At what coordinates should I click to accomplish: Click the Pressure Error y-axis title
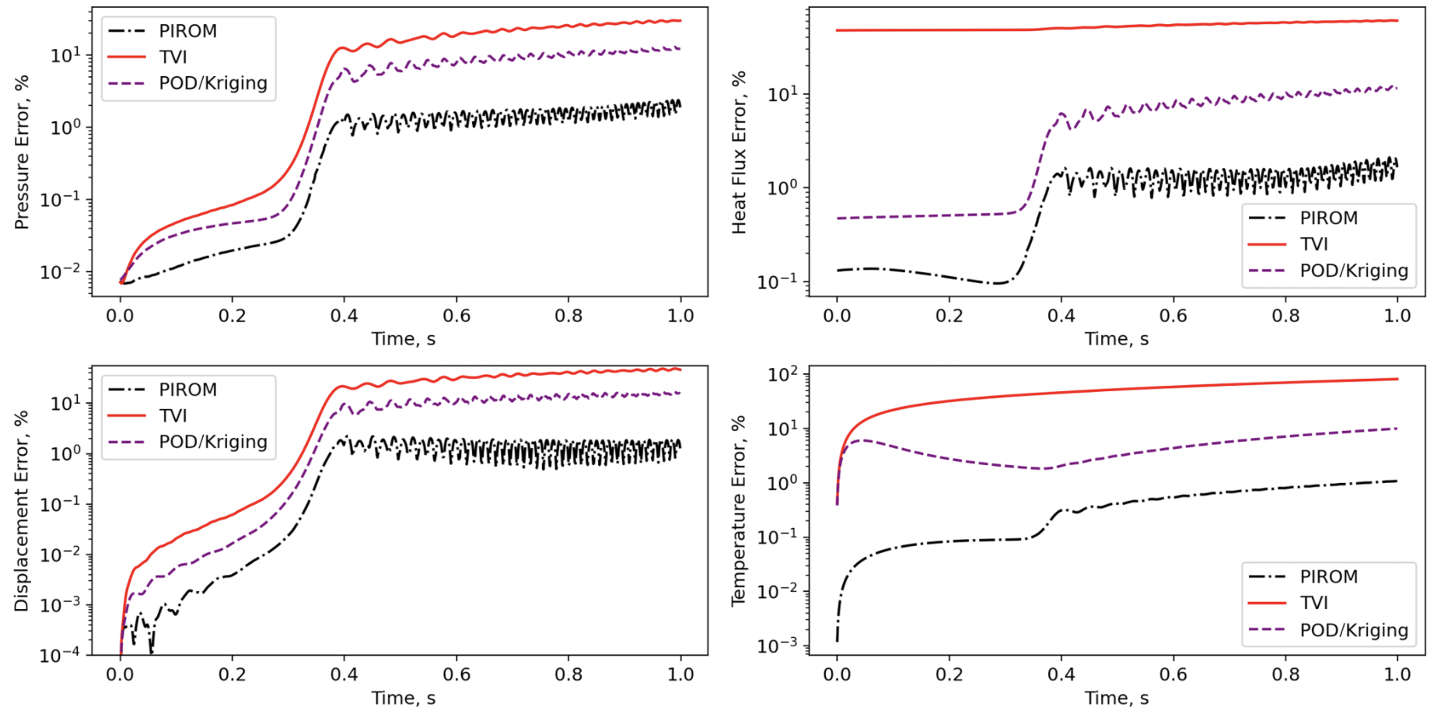[22, 152]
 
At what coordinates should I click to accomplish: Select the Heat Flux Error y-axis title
[739, 152]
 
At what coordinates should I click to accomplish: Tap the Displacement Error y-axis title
[22, 511]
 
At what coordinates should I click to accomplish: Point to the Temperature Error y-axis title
[739, 511]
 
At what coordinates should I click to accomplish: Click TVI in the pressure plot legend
[173, 57]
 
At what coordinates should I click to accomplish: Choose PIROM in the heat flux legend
[1328, 218]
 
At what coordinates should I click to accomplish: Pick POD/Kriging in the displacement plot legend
[212, 442]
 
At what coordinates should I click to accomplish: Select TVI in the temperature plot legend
[1313, 603]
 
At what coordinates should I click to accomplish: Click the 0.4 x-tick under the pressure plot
[344, 316]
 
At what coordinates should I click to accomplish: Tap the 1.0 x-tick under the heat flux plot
[1397, 316]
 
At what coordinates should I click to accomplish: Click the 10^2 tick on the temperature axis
[782, 375]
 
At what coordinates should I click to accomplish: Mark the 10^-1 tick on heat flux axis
[778, 282]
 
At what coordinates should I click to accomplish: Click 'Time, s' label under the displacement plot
[403, 698]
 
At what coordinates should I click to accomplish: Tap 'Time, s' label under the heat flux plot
[1117, 339]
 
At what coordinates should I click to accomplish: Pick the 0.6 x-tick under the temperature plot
[1173, 674]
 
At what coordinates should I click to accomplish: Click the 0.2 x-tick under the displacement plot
[232, 674]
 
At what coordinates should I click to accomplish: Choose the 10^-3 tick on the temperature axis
[778, 646]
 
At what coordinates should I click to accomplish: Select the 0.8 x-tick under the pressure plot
[568, 316]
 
